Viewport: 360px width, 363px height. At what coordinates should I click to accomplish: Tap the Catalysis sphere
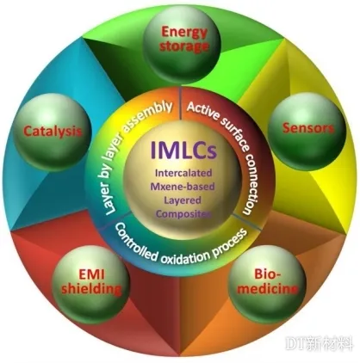53,132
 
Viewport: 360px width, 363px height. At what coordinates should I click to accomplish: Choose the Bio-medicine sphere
267,283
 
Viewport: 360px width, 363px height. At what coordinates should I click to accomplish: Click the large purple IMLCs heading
183,151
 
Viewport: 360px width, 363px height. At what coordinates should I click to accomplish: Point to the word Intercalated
183,173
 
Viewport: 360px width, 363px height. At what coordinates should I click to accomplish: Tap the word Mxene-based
183,187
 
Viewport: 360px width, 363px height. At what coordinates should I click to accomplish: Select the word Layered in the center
183,200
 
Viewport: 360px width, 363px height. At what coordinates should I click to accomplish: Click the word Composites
183,214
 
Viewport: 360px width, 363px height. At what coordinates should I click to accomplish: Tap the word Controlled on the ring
134,242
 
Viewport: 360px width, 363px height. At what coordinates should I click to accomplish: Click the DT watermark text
319,343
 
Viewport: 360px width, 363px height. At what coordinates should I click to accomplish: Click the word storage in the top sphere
184,46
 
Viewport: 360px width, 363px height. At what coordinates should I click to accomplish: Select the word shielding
91,289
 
